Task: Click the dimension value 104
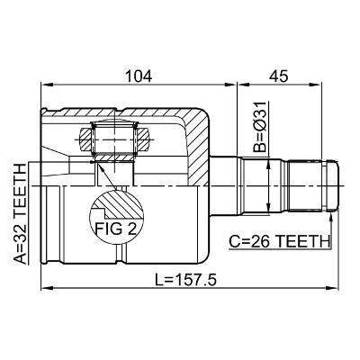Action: click(x=139, y=76)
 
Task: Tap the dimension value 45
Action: click(x=279, y=76)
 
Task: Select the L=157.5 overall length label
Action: click(x=185, y=281)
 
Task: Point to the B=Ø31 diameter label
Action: click(x=259, y=127)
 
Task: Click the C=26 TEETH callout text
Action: click(x=279, y=241)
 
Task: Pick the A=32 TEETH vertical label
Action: click(x=21, y=214)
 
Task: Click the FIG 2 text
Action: click(x=116, y=229)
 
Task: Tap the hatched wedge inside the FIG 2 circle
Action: click(x=123, y=204)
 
